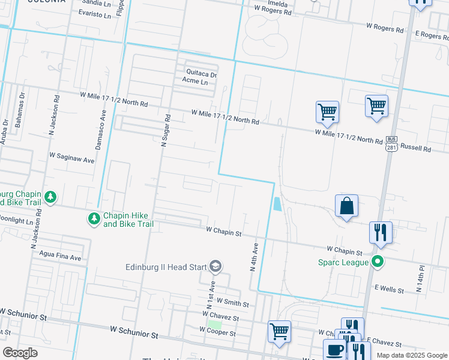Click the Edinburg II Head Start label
point(164,267)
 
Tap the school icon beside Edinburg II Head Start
point(215,266)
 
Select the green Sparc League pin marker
point(377,262)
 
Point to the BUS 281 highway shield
point(392,143)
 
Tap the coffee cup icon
point(334,349)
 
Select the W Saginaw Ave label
point(72,160)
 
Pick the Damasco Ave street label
point(101,129)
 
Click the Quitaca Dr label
point(200,74)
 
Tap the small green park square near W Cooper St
point(214,325)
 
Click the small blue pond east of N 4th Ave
point(276,204)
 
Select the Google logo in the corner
point(20,353)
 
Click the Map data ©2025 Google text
point(412,355)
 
